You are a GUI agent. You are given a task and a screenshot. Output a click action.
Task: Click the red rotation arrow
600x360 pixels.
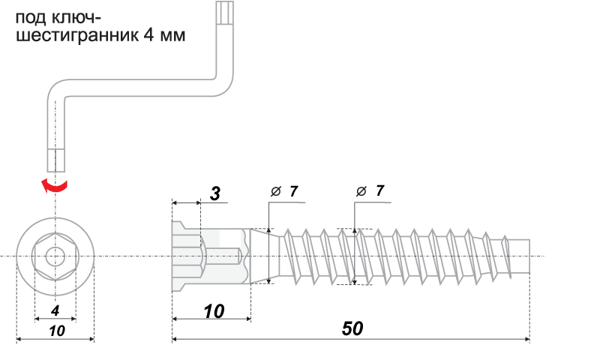(x=55, y=185)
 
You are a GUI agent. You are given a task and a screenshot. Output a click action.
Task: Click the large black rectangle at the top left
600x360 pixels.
(x=100, y=28)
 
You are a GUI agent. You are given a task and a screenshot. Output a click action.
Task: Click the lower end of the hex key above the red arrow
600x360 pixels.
(x=56, y=159)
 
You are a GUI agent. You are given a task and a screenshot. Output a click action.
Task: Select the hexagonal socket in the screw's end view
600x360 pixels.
(x=55, y=256)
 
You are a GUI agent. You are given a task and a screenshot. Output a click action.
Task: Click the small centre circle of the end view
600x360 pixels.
(x=55, y=256)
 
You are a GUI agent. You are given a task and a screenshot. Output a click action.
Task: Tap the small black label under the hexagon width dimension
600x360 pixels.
(x=55, y=310)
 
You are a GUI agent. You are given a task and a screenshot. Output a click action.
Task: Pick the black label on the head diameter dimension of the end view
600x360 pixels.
(x=57, y=331)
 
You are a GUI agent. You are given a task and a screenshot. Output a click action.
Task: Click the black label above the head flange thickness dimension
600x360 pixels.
(x=215, y=193)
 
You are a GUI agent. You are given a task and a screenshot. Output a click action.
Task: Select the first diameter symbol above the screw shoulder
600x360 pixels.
(x=275, y=192)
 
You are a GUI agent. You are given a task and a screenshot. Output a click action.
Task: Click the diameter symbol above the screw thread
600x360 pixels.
(x=361, y=191)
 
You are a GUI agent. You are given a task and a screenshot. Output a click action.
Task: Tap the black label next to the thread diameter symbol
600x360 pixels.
(x=380, y=190)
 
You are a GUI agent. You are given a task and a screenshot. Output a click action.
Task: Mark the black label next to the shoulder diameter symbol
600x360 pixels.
(x=294, y=190)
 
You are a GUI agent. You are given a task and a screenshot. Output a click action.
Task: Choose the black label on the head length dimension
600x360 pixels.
(x=214, y=310)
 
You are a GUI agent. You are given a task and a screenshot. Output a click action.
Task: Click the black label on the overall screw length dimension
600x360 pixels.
(x=352, y=328)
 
